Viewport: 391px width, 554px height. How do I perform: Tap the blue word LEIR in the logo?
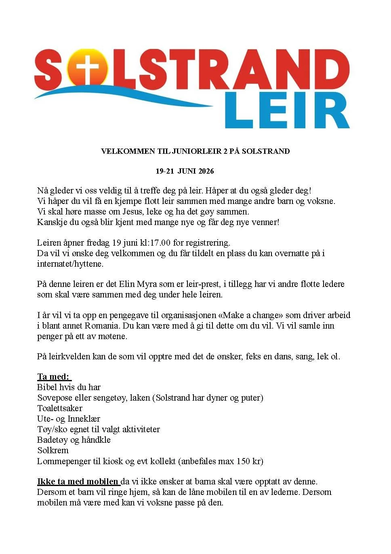pyautogui.click(x=287, y=110)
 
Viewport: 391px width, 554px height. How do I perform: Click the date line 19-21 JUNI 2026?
pyautogui.click(x=185, y=171)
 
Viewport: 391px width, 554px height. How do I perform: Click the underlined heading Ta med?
pyautogui.click(x=53, y=377)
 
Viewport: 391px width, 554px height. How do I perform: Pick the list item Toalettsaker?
pyautogui.click(x=60, y=408)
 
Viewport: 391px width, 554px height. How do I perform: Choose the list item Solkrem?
pyautogui.click(x=53, y=450)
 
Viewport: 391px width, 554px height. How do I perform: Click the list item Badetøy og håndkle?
pyautogui.click(x=74, y=440)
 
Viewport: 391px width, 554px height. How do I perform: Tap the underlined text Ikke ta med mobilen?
pyautogui.click(x=78, y=482)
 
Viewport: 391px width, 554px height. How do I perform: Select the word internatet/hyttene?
pyautogui.click(x=70, y=264)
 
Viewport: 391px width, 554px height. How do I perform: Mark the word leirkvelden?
pyautogui.click(x=69, y=357)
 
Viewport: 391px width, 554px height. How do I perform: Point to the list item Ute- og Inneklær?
pyautogui.click(x=69, y=419)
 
